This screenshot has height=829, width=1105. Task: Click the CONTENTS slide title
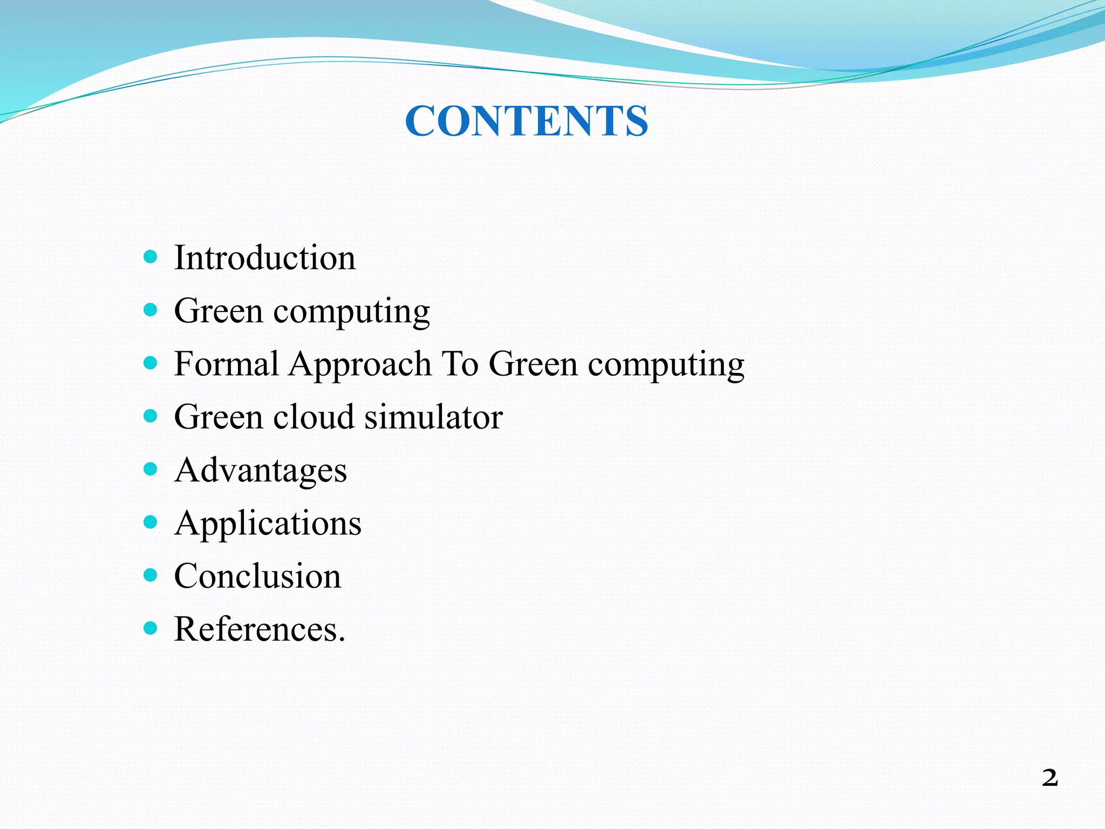click(526, 120)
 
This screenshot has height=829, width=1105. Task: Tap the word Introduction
click(264, 257)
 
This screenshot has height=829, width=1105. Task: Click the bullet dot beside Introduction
click(151, 256)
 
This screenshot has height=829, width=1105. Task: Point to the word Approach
click(360, 364)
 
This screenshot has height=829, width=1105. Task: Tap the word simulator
click(433, 417)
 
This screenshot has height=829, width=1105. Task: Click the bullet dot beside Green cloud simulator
click(151, 416)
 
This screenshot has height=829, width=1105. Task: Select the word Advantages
click(261, 470)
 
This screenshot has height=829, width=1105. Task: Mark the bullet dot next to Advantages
click(151, 468)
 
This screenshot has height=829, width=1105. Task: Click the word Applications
click(268, 524)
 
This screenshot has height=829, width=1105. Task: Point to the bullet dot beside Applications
click(151, 522)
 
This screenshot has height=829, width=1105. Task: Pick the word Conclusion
click(257, 576)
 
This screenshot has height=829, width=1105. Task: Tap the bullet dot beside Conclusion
click(151, 575)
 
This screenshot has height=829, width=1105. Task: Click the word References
click(259, 629)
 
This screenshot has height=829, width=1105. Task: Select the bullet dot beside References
click(151, 628)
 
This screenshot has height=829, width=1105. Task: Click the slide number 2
click(1049, 778)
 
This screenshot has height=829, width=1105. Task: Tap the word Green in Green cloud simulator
click(219, 417)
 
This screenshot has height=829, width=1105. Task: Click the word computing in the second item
click(351, 312)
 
